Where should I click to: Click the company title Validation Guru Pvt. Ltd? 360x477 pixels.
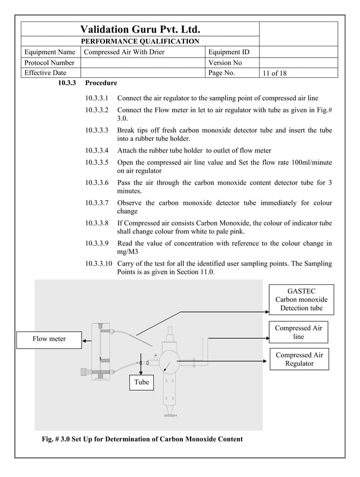tap(141, 29)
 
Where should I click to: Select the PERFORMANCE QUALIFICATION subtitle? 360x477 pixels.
tap(140, 41)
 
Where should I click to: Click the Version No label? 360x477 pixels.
tap(225, 63)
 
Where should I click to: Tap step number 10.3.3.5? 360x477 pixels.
tap(98, 162)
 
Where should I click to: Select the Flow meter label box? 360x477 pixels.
tap(49, 339)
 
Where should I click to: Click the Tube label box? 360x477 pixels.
tap(142, 382)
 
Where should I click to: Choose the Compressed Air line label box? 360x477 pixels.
tap(298, 332)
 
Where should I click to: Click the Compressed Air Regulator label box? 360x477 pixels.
tap(298, 359)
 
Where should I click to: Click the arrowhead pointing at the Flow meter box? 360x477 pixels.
tap(85, 340)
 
